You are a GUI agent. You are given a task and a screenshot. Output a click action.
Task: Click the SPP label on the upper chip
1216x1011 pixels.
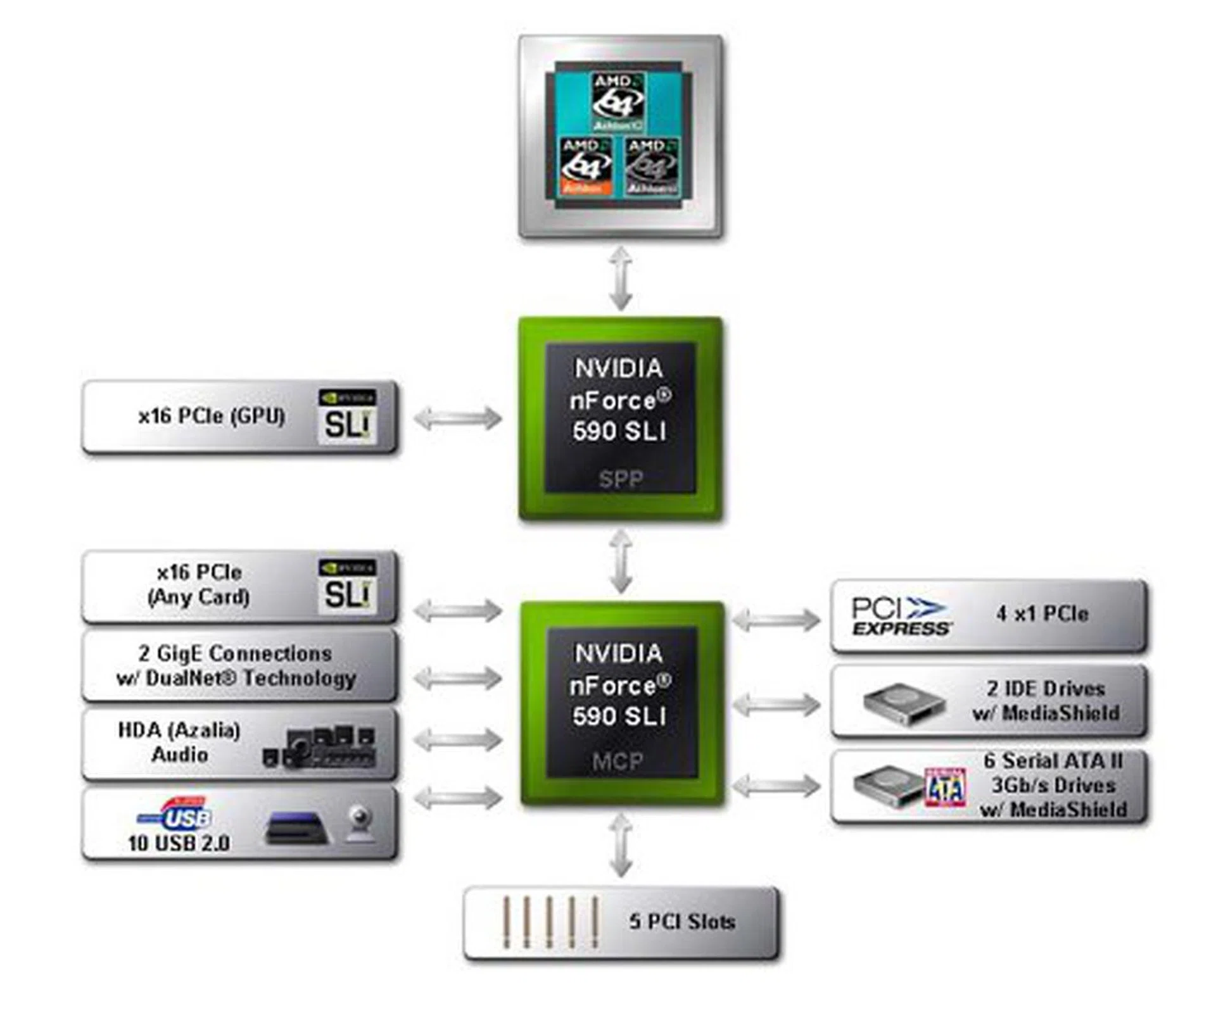click(620, 479)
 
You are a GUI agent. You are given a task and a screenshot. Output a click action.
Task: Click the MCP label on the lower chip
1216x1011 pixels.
click(617, 761)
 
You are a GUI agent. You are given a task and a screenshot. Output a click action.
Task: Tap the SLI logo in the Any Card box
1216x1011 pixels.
click(347, 586)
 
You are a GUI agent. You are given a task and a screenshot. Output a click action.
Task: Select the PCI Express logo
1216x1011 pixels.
click(901, 615)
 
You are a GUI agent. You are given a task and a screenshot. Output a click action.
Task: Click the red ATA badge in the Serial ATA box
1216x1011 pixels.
click(946, 788)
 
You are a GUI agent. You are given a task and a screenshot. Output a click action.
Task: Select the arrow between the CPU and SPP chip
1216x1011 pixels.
click(621, 279)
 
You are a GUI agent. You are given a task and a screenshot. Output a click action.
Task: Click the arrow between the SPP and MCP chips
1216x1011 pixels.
click(621, 562)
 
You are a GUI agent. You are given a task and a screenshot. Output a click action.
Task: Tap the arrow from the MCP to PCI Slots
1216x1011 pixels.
click(621, 845)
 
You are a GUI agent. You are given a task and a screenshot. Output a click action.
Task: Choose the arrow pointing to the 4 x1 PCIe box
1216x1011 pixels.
click(776, 619)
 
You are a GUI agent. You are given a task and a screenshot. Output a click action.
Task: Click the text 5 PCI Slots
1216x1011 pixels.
click(682, 921)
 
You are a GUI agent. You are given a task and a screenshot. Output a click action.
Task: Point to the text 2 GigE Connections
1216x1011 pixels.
click(235, 653)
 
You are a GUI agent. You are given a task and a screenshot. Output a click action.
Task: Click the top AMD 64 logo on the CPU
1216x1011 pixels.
click(617, 101)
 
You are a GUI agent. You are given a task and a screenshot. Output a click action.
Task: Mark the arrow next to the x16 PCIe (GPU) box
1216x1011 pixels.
click(457, 418)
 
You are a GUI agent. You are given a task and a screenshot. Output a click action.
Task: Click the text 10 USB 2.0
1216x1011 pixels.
click(179, 843)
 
